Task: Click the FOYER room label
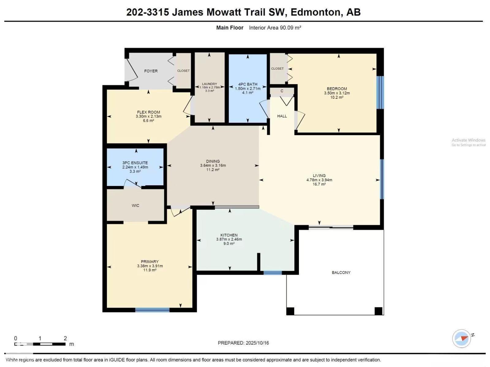(x=151, y=71)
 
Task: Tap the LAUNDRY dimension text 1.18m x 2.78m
(x=209, y=87)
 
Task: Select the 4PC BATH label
(x=247, y=84)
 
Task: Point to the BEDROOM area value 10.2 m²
(x=337, y=97)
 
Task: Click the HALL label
(x=282, y=116)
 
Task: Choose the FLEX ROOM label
(x=149, y=112)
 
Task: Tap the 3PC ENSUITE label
(x=135, y=163)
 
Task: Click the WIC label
(x=135, y=206)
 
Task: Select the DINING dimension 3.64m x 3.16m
(x=213, y=165)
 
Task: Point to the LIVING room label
(x=319, y=176)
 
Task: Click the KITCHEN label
(x=229, y=235)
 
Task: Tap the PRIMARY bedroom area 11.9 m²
(x=149, y=270)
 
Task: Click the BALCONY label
(x=341, y=272)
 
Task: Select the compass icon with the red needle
(x=462, y=339)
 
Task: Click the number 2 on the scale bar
(x=65, y=338)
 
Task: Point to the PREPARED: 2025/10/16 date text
(x=243, y=343)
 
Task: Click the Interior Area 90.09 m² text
(x=275, y=28)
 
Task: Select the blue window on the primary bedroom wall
(x=152, y=310)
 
